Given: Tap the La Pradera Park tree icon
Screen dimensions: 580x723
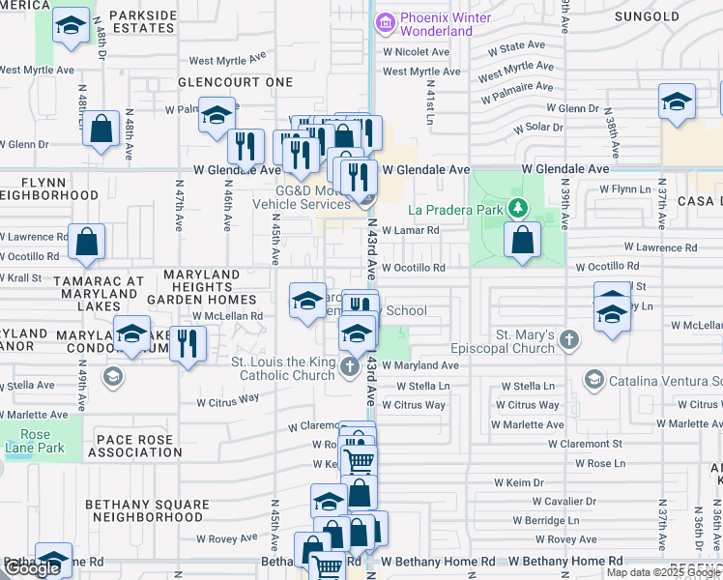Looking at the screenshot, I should [519, 208].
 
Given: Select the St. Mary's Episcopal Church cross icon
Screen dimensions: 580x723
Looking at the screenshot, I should [570, 339].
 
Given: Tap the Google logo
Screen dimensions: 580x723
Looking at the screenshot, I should [32, 568].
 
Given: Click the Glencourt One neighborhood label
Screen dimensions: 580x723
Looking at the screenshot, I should [235, 82].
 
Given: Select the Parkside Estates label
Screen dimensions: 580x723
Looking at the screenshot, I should [143, 23].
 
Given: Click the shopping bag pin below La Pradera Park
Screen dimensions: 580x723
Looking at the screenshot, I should [522, 241].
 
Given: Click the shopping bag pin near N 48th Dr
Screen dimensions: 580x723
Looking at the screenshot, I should [101, 130].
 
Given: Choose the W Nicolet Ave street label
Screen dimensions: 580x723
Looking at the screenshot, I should [417, 52].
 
